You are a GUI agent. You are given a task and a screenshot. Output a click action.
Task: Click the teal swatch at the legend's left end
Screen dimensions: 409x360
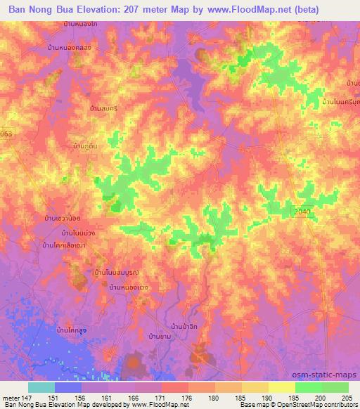[41, 387]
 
